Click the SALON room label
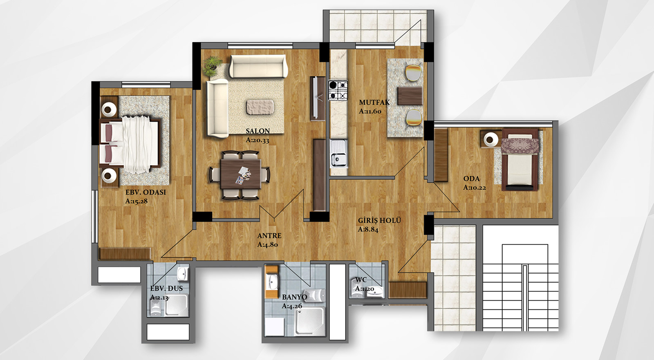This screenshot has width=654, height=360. (x=258, y=131)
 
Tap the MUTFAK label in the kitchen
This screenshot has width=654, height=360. (x=374, y=103)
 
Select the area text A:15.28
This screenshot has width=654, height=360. (x=137, y=201)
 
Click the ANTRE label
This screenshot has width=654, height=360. (x=269, y=236)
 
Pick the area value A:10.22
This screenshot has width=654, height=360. (x=475, y=188)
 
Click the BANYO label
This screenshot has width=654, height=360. (x=294, y=297)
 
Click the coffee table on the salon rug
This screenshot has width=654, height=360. (x=260, y=107)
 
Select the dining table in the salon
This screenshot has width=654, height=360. (x=241, y=174)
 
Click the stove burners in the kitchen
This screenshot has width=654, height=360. (x=338, y=90)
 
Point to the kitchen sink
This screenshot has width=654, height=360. (x=339, y=153)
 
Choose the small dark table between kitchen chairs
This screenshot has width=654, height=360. (x=410, y=96)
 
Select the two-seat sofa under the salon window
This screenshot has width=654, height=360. (x=258, y=66)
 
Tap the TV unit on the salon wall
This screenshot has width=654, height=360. (x=317, y=98)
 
